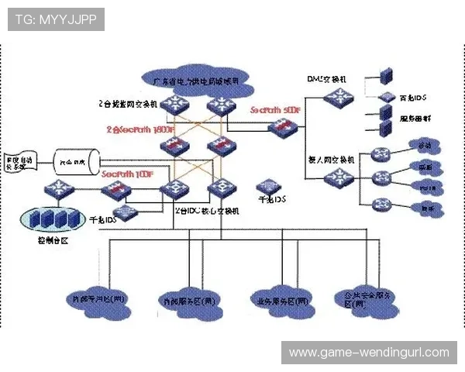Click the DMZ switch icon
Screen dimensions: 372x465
(x=338, y=97)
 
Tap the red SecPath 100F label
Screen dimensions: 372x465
(x=127, y=174)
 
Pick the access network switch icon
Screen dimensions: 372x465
(x=338, y=177)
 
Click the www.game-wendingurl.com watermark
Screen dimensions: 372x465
(x=369, y=353)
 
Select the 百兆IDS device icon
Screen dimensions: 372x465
(x=385, y=97)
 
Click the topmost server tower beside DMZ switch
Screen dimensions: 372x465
(x=386, y=75)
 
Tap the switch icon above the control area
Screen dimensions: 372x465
(x=60, y=188)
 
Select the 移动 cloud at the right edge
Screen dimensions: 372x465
(x=425, y=146)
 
